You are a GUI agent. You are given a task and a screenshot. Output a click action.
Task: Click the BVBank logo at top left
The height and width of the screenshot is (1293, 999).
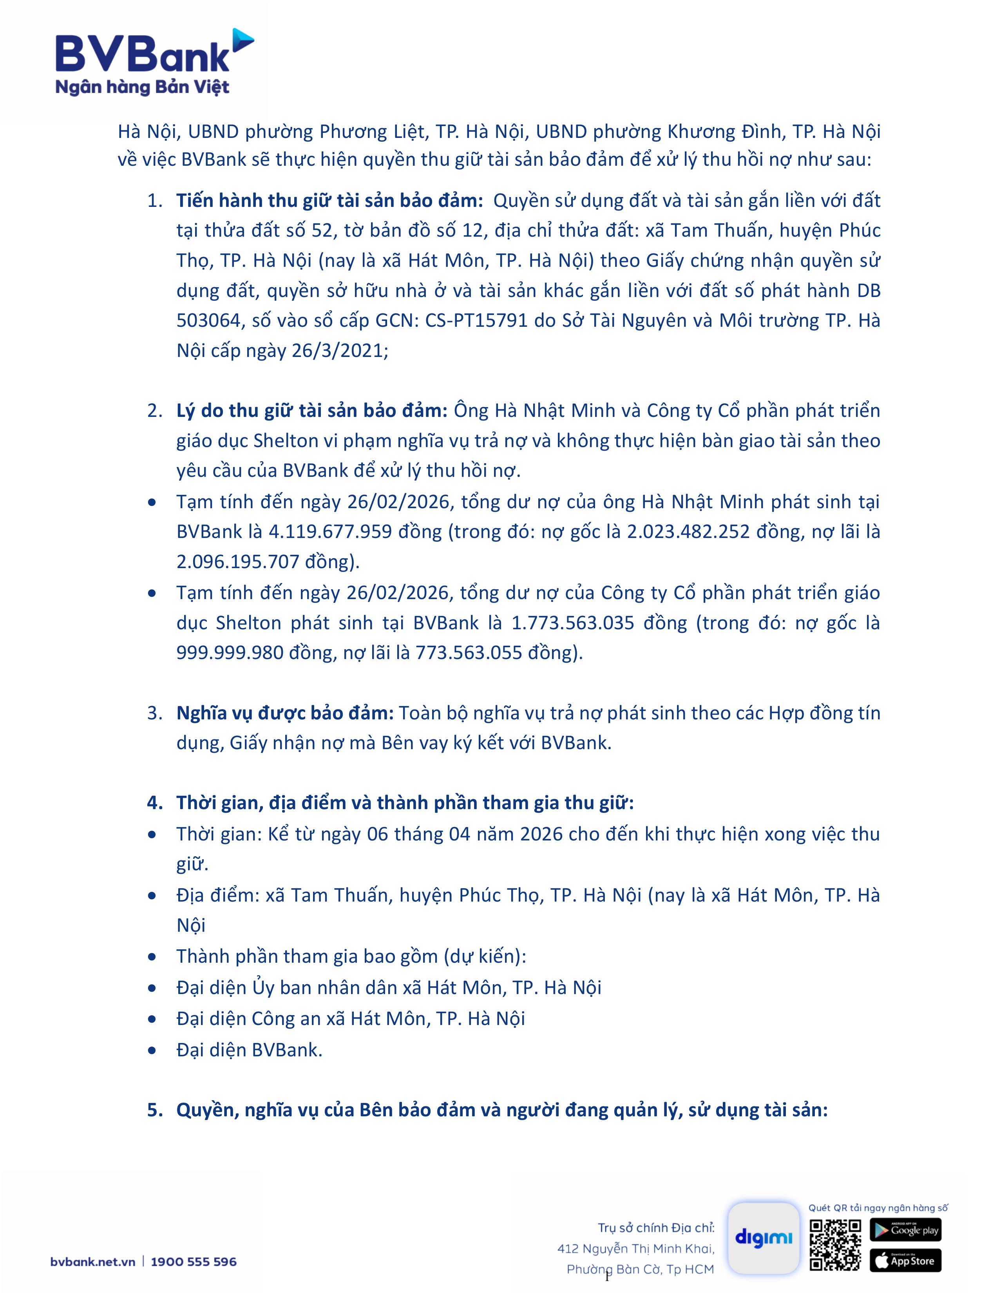(x=154, y=54)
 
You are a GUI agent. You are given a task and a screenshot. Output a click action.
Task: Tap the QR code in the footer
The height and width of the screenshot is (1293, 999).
(x=835, y=1244)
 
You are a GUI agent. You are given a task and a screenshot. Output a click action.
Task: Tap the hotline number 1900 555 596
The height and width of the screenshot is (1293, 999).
(x=194, y=1262)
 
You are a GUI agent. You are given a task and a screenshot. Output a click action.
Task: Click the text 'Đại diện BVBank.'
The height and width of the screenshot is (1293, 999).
(x=249, y=1050)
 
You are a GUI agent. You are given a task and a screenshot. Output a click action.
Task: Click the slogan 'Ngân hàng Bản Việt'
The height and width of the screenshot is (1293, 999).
(x=142, y=88)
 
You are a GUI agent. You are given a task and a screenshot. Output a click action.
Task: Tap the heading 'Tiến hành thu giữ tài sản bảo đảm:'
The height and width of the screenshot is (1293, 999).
(x=329, y=201)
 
